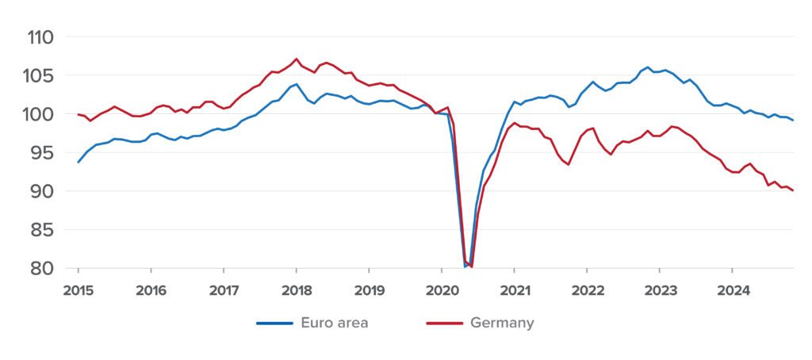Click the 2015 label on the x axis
79,290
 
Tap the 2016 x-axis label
151,290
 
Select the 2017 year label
224,290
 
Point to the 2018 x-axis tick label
296,290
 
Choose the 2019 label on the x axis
369,290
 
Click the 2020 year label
442,290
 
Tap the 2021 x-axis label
514,290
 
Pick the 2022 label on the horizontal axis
587,290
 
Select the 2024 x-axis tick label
732,290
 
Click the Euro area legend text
334,323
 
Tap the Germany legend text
502,323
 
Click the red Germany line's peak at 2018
296,59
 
